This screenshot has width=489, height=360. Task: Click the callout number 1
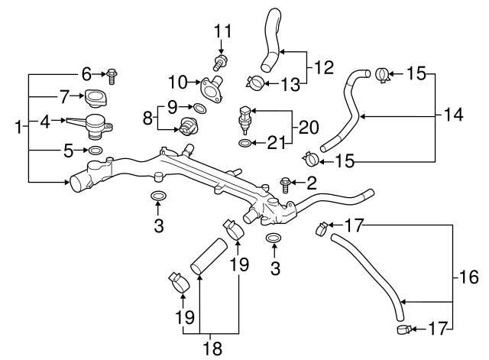18,126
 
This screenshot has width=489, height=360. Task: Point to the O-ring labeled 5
96,151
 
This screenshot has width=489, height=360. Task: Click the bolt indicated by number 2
286,183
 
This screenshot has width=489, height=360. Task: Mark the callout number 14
453,116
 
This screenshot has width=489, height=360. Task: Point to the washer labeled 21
243,143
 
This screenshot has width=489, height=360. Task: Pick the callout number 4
45,121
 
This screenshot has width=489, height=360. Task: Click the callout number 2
311,183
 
